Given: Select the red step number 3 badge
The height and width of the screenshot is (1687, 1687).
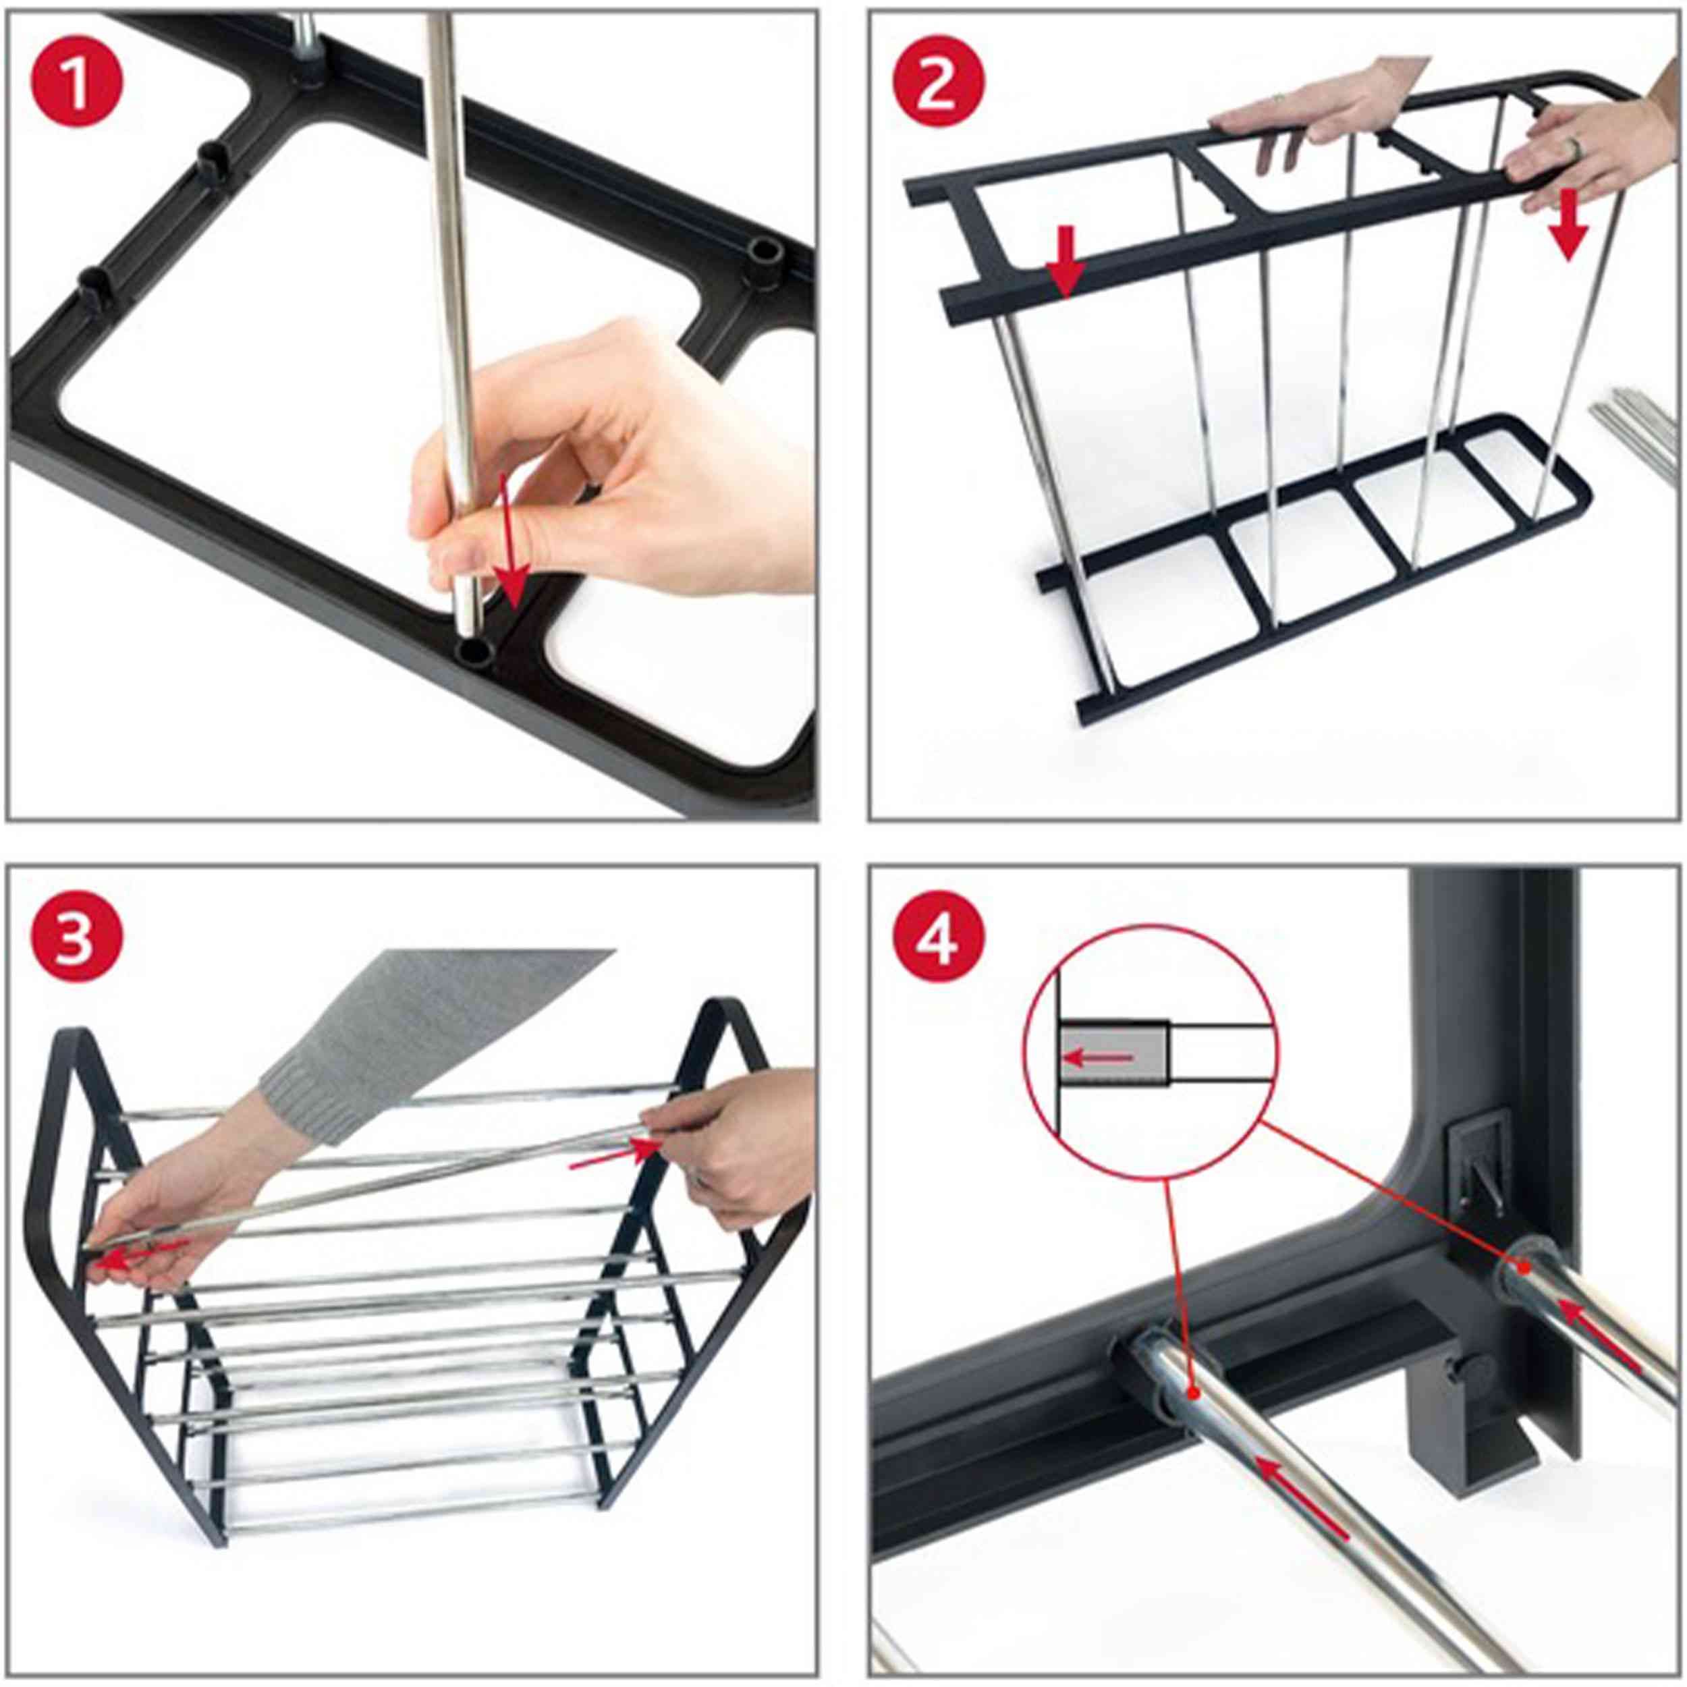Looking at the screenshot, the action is [x=78, y=945].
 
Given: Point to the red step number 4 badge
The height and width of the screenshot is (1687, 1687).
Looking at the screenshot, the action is [x=938, y=945].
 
